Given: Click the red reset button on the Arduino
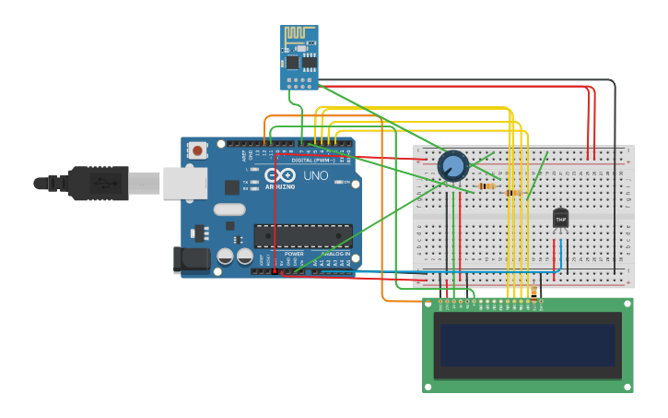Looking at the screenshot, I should coord(197,149).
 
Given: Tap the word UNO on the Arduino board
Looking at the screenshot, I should coord(316,175).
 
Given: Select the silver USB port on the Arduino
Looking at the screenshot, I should coord(185,183).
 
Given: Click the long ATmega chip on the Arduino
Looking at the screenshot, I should coord(303,236).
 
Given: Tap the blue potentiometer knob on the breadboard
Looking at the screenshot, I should coord(452,166).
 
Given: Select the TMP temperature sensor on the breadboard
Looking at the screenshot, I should coord(560,219).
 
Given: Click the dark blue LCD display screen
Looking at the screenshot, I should coord(527,344).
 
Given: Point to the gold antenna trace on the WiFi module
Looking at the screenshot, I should coord(298,34).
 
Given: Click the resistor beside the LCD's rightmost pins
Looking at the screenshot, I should coord(533,293).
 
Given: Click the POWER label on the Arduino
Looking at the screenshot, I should coord(294,254).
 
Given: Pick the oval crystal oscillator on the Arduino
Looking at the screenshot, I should coord(229,209).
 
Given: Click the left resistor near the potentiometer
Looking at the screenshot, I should coord(486,186).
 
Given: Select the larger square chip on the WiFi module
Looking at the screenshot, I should coord(293,62).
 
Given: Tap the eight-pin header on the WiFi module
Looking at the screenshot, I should coord(299,81).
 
